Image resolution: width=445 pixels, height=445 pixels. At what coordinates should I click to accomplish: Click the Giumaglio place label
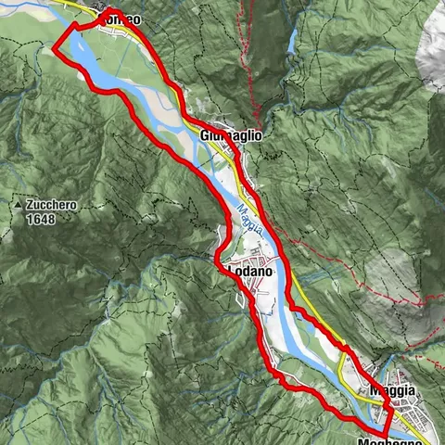[231, 135]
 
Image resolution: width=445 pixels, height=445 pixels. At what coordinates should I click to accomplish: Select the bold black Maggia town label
[391, 391]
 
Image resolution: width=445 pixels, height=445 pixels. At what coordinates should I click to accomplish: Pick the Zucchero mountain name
[52, 205]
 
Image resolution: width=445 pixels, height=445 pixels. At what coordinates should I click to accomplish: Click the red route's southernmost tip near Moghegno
[387, 435]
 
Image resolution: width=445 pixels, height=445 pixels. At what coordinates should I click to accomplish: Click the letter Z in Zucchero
[31, 205]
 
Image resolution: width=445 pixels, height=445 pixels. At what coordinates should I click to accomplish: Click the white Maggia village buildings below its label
[408, 413]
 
